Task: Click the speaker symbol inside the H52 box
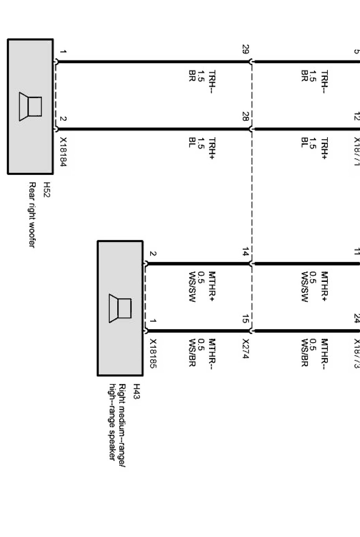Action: pyautogui.click(x=30, y=107)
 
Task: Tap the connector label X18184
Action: pyautogui.click(x=63, y=152)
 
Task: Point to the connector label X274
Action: pyautogui.click(x=245, y=348)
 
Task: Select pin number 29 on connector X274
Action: pyautogui.click(x=245, y=50)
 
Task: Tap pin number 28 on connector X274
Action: pyautogui.click(x=245, y=117)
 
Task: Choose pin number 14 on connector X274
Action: pyautogui.click(x=245, y=252)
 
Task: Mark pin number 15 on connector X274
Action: pyautogui.click(x=245, y=319)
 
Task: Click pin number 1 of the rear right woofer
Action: pyautogui.click(x=63, y=52)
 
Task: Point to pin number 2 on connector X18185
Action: pyautogui.click(x=153, y=254)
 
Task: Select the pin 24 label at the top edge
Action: pyautogui.click(x=356, y=318)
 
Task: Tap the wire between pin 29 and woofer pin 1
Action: pyautogui.click(x=153, y=62)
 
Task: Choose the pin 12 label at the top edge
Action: pyautogui.click(x=356, y=116)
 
